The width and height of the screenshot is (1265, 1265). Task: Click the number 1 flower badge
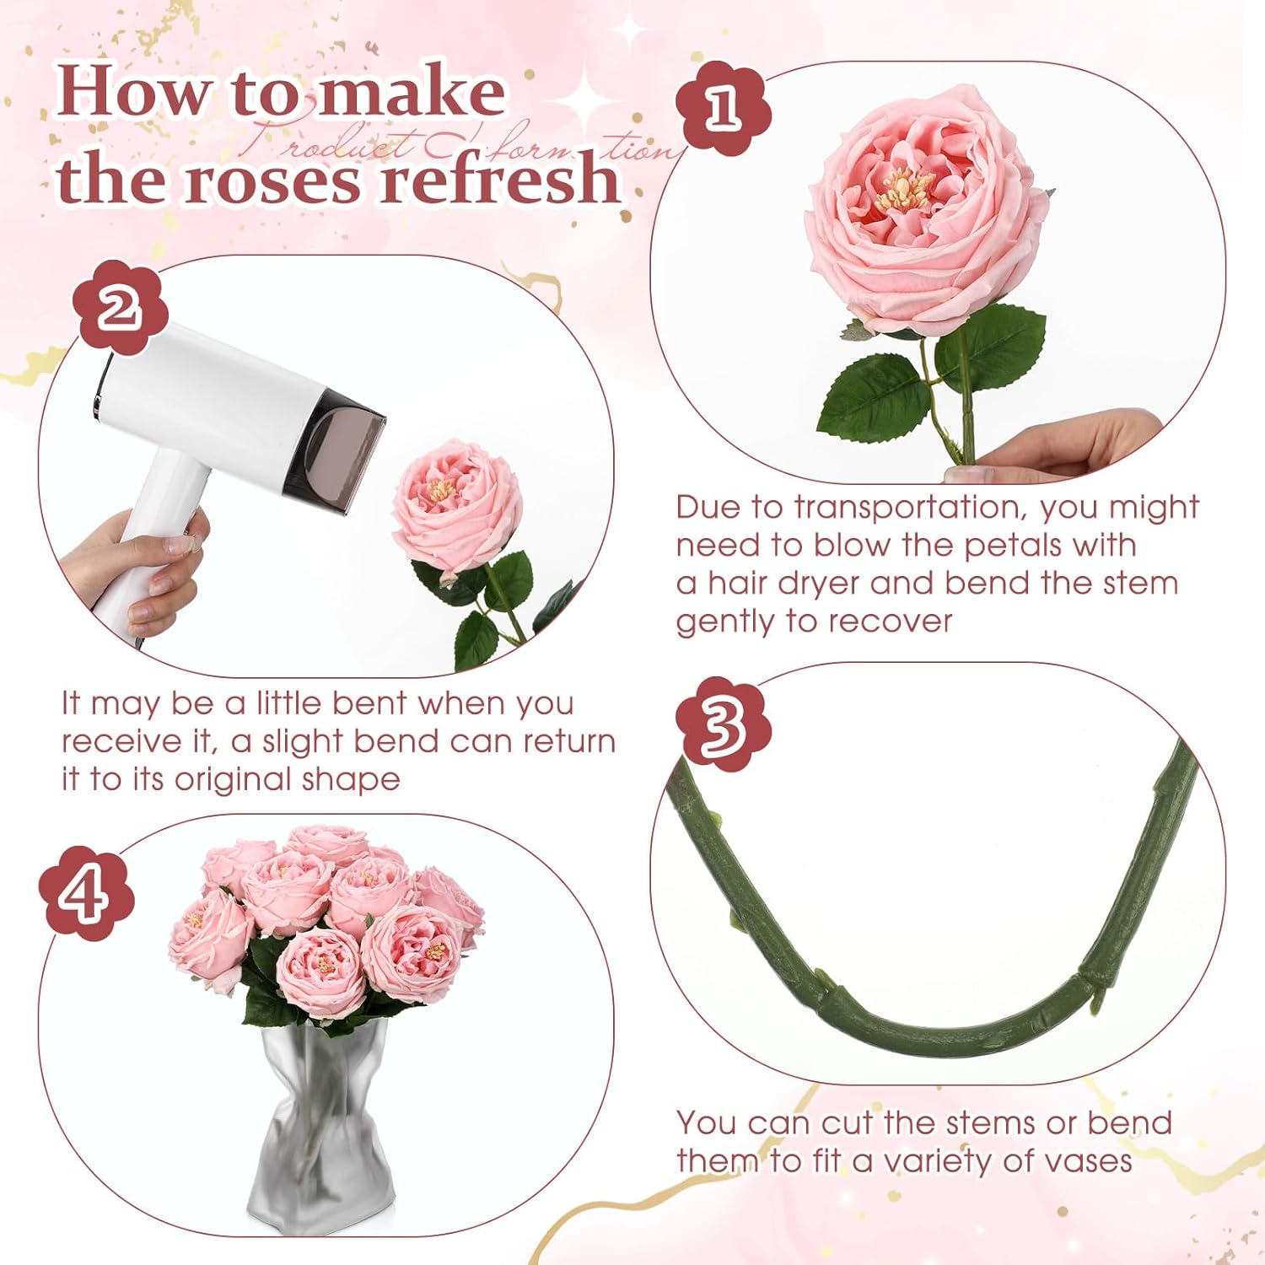pyautogui.click(x=723, y=108)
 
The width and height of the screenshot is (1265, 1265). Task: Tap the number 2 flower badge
pyautogui.click(x=120, y=307)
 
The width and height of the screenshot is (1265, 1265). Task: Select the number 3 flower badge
pyautogui.click(x=723, y=724)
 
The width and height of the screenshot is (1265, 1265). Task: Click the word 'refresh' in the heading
pyautogui.click(x=501, y=180)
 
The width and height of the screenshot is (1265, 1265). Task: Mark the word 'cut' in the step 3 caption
pyautogui.click(x=848, y=1123)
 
